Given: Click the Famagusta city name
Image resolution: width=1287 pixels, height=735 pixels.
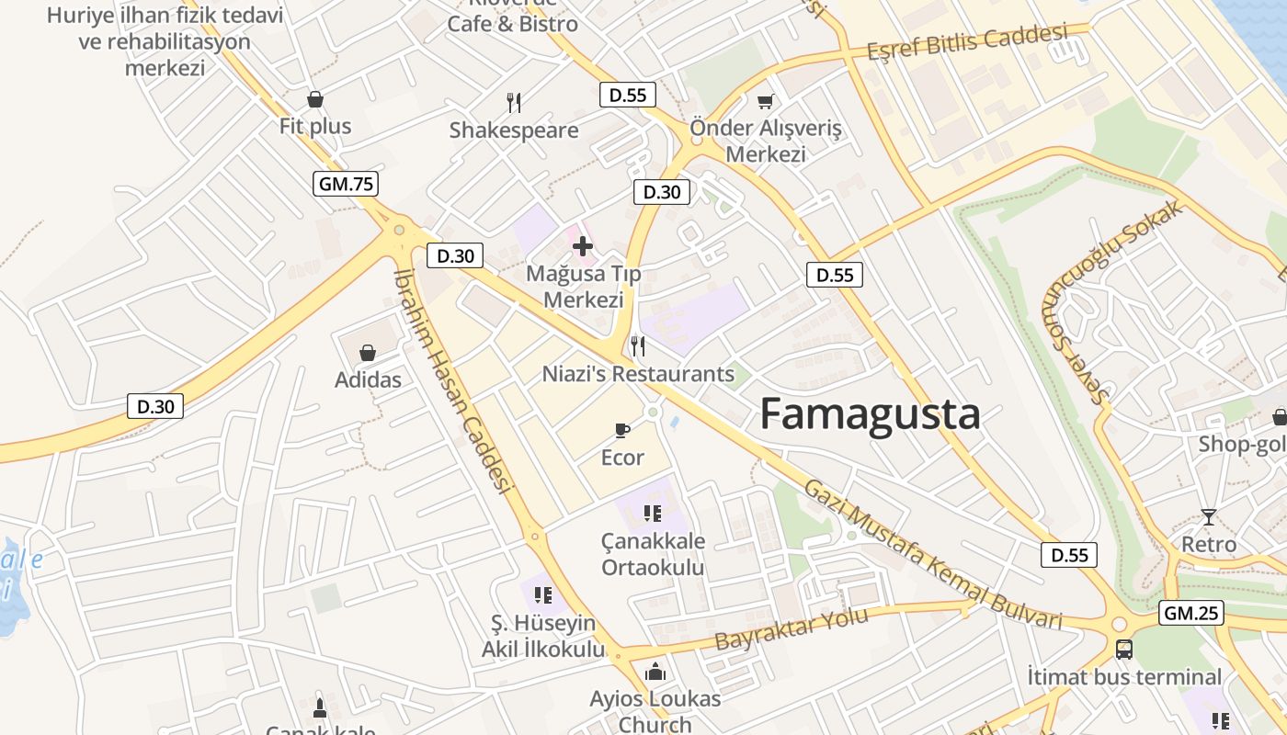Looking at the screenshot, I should coord(870,415).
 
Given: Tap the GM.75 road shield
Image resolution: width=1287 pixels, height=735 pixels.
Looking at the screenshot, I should coord(346,184).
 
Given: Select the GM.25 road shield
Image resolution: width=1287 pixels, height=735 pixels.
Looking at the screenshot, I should coord(1190,613).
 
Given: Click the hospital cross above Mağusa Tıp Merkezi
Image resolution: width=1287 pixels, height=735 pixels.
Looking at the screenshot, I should coord(583,245).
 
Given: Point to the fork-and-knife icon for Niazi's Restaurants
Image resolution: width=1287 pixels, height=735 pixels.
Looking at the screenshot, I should coord(638,346).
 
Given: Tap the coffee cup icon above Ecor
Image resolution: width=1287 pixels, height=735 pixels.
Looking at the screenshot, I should coord(622,430).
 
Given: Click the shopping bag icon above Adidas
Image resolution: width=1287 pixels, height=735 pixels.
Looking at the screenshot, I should coord(368,353).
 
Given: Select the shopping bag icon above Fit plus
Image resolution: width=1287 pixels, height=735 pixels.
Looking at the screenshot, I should coord(315,99).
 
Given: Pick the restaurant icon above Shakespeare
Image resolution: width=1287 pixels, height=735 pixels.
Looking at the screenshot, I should coord(514,103).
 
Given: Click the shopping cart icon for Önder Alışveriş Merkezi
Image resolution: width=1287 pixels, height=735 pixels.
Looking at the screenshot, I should coord(765,101).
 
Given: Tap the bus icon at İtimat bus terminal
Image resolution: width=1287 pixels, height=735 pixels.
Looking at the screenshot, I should coord(1123,650).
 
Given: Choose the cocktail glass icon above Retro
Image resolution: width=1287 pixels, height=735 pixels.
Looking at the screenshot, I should coord(1208,517).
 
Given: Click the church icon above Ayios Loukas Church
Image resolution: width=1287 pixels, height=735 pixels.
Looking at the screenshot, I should coord(655,673).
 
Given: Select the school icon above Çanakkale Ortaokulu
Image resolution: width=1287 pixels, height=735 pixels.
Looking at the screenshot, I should coord(653,513).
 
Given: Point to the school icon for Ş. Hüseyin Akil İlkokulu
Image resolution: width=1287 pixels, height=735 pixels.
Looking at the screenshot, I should coord(543,595).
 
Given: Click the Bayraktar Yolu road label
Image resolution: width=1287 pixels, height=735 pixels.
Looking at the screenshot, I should coord(792,629).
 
